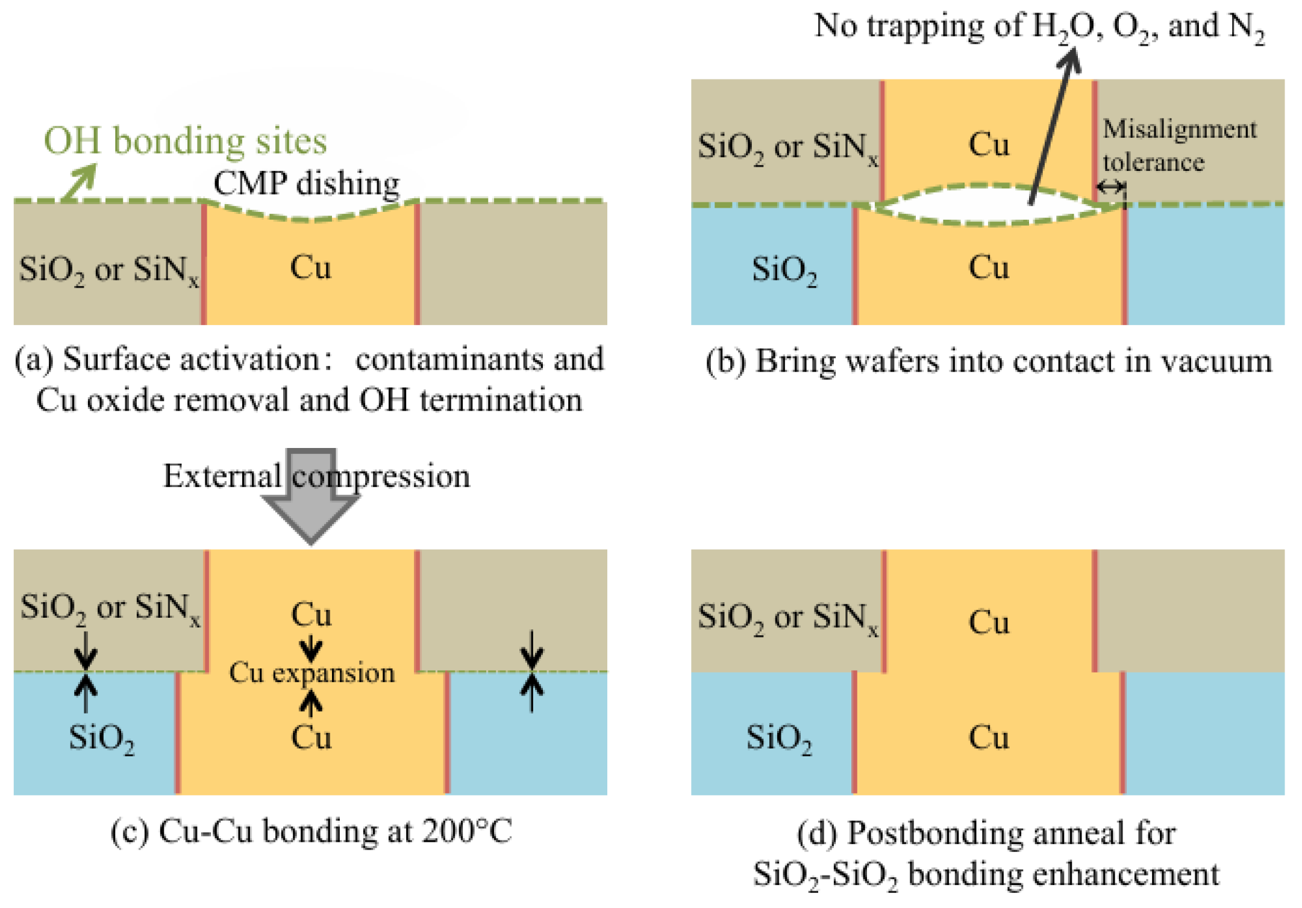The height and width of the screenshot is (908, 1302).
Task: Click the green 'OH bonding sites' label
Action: coord(185,141)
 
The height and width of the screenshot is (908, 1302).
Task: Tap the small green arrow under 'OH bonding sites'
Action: coord(80,182)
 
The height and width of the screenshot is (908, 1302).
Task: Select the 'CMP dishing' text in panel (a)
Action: coord(306,183)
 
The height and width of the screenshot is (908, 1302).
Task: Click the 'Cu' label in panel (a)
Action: coord(310,267)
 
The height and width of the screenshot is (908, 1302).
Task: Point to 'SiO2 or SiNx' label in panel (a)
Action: coord(108,270)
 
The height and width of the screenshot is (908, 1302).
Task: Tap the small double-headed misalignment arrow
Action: coord(1110,187)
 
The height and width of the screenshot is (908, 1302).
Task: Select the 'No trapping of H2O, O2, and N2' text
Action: coord(1039,26)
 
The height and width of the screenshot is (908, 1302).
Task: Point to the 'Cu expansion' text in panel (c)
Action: coord(311,673)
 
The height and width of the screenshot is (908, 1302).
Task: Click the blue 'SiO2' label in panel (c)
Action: coord(101,738)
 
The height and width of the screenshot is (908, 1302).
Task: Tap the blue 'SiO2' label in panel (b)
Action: coord(784,269)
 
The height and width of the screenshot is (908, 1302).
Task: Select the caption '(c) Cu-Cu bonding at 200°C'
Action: coord(311,832)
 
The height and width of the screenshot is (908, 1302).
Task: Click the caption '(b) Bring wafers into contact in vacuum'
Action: coord(988,361)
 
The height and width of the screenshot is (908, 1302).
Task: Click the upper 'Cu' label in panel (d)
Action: coord(988,621)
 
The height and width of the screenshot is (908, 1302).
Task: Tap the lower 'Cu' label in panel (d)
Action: coord(988,738)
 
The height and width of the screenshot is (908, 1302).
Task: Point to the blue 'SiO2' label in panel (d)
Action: coord(778,738)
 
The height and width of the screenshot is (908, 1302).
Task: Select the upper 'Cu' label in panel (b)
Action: coord(988,145)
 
